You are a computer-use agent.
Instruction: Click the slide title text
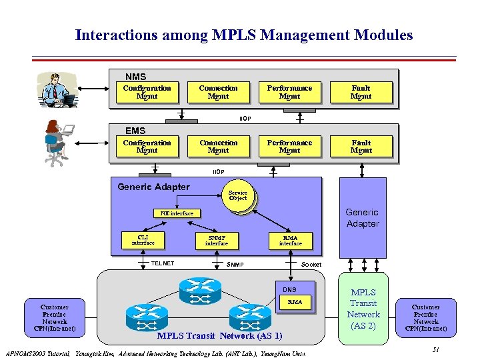point(244,35)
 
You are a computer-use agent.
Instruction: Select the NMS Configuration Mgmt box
point(147,92)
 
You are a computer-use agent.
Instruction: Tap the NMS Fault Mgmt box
point(361,92)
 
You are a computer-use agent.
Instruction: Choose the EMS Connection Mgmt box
point(218,147)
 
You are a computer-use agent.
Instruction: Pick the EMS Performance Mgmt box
point(289,147)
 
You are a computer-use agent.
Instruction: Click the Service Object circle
point(238,195)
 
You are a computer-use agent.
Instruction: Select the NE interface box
point(177,213)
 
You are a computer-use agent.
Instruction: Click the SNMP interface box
point(216,241)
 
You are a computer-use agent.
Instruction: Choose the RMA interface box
point(290,241)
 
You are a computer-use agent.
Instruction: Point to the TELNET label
point(162,264)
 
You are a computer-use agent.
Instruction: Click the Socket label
point(311,265)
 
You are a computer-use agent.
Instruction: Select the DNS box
point(289,289)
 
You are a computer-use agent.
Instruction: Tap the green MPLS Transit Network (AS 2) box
point(363,309)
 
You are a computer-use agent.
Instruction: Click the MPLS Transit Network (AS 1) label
point(219,336)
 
